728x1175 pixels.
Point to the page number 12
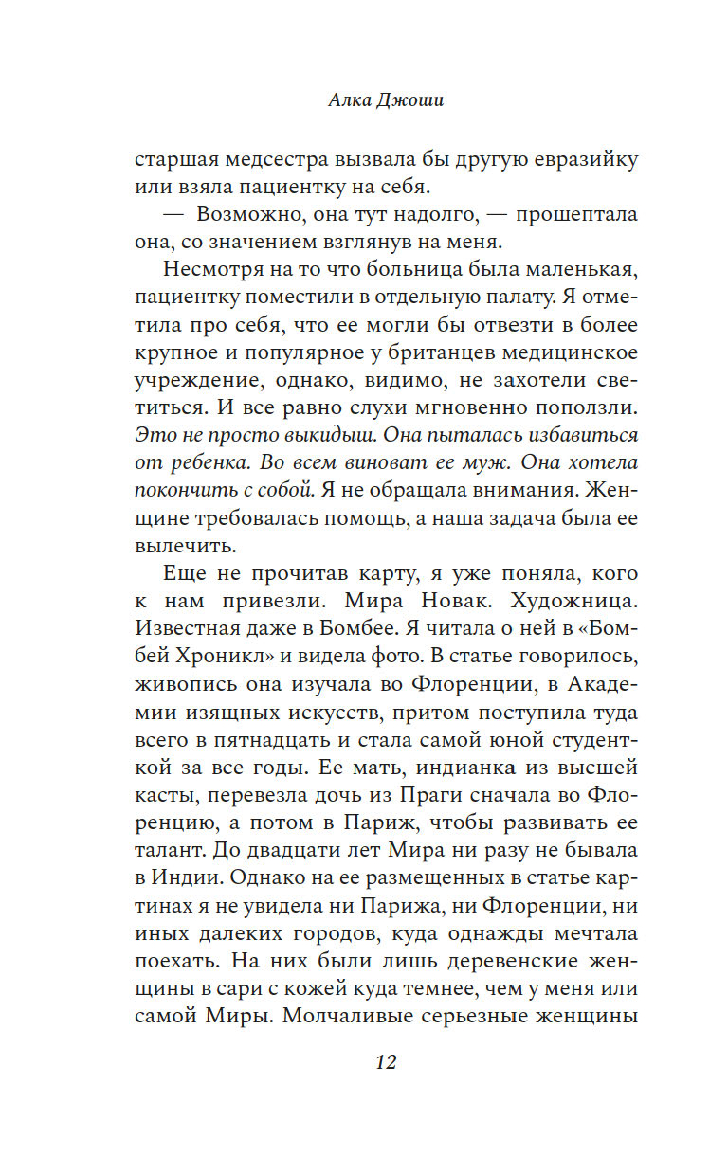click(385, 1061)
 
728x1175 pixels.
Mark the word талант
click(168, 849)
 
